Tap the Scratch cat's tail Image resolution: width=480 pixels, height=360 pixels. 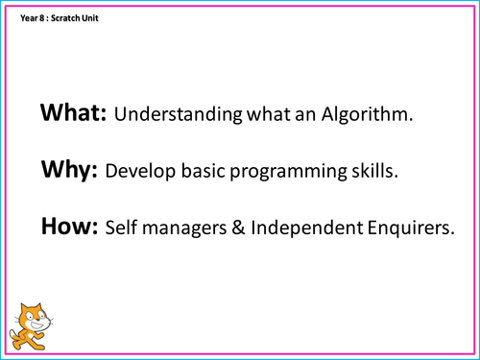point(12,335)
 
